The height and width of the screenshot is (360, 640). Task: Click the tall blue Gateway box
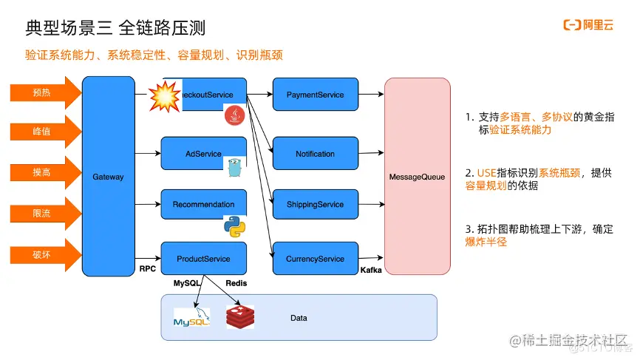click(x=109, y=177)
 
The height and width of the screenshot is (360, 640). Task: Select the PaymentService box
click(x=315, y=95)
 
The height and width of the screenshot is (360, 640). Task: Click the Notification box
click(x=315, y=154)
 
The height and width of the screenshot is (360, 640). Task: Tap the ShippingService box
click(x=315, y=205)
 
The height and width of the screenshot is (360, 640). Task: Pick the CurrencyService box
click(x=315, y=259)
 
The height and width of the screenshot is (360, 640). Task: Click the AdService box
click(x=203, y=154)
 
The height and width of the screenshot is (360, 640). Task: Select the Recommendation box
click(x=203, y=204)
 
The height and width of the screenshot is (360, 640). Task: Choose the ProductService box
click(x=203, y=259)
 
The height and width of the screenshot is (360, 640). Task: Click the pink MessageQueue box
click(x=417, y=177)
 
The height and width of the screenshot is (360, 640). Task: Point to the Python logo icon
click(x=234, y=226)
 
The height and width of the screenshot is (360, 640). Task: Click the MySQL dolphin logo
click(x=191, y=319)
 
